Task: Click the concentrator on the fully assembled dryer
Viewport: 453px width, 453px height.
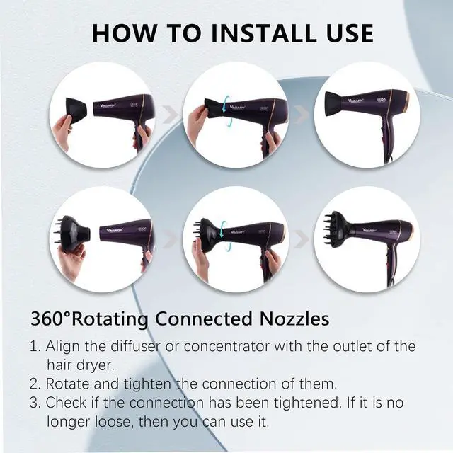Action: [335, 107]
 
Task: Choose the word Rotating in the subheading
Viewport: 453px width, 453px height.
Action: [113, 319]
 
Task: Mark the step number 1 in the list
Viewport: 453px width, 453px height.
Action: [34, 347]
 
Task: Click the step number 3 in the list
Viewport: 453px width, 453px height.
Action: [34, 403]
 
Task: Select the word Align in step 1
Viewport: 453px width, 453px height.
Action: [62, 347]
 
